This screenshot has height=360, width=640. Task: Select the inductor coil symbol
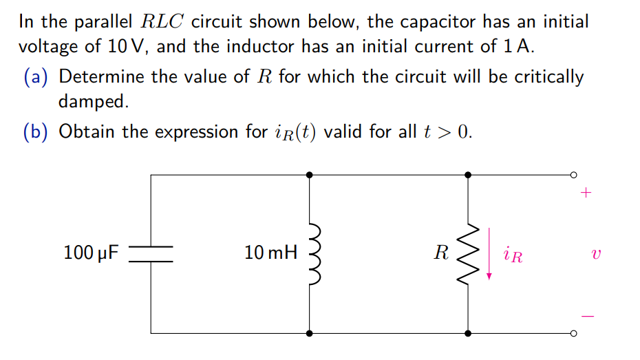point(314,253)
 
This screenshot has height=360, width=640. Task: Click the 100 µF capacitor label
point(90,253)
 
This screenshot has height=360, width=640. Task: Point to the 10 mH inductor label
point(270,253)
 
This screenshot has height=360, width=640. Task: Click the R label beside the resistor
point(441,253)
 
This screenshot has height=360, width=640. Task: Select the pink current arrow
point(489,253)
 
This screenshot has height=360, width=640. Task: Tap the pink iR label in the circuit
point(513,256)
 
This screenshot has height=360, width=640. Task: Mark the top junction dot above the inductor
point(310,175)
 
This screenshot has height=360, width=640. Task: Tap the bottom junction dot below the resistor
point(469,333)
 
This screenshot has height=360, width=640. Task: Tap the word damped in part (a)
point(93,102)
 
